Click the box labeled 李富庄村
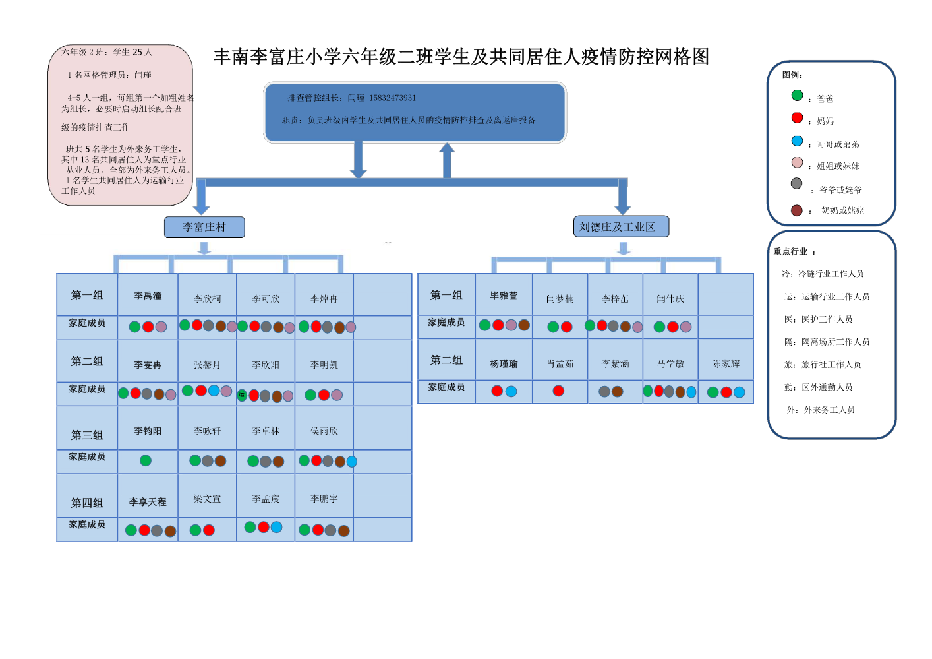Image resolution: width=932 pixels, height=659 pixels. (204, 227)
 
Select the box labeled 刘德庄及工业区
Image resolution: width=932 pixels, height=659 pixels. (621, 226)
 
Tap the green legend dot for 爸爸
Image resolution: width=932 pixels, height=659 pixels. (797, 96)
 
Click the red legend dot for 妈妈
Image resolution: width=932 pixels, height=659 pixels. (797, 118)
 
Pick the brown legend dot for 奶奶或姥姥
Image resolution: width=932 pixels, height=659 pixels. (796, 210)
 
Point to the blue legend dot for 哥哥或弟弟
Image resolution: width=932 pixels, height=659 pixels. (797, 141)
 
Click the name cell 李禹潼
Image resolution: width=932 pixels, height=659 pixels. (148, 296)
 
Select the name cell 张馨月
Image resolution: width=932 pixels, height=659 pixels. (207, 365)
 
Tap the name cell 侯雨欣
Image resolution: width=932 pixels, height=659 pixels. (324, 431)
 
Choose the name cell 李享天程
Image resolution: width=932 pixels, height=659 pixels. (148, 502)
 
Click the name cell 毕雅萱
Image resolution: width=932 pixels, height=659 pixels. (504, 296)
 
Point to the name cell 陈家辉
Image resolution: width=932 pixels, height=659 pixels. (725, 363)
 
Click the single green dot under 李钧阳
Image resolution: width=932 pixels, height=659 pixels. (146, 460)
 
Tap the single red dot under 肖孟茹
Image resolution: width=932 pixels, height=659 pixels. (558, 391)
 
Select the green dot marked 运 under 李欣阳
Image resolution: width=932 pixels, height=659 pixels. (242, 395)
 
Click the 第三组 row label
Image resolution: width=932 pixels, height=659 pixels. (87, 435)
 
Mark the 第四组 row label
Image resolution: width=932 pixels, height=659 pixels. (87, 503)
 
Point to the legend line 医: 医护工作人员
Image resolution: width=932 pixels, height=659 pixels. (818, 319)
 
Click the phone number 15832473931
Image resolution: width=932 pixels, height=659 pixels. (392, 98)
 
